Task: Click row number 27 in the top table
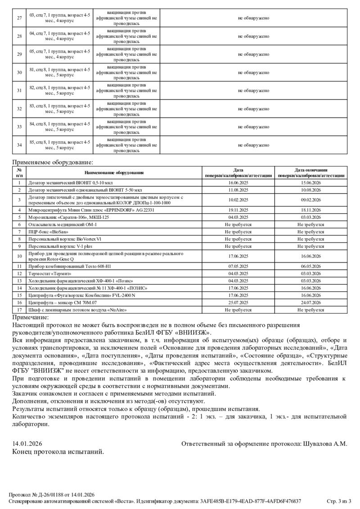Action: pos(19,18)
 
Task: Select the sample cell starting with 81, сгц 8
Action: pos(59,72)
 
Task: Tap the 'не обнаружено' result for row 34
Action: pos(253,145)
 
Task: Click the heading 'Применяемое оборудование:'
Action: pos(53,162)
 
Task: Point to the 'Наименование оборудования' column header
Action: pos(114,173)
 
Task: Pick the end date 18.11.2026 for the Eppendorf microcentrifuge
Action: pos(311,210)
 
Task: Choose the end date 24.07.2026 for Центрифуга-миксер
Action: pos(311,303)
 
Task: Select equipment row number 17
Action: pos(19,310)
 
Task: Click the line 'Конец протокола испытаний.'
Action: pos(58,451)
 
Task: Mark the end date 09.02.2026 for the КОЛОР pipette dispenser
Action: pos(311,200)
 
